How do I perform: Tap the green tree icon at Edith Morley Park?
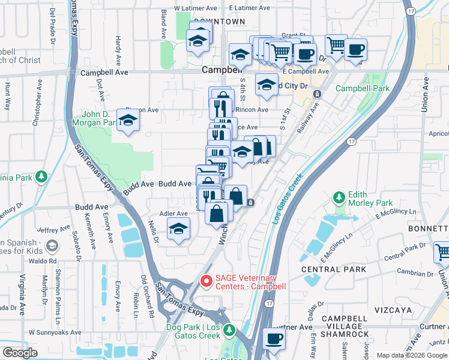(339, 197)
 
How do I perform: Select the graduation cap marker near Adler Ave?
(178, 229)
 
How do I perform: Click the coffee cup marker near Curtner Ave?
(274, 338)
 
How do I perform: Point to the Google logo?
(20, 353)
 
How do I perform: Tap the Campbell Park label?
(362, 88)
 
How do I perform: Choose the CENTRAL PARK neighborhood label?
(342, 269)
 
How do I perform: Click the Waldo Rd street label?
(45, 261)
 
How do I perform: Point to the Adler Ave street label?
(173, 214)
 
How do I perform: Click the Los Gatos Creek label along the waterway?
(286, 202)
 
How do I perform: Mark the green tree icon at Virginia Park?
(41, 177)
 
